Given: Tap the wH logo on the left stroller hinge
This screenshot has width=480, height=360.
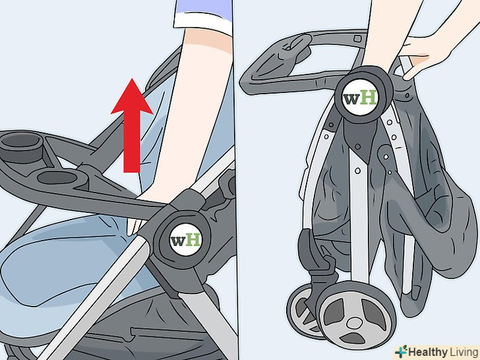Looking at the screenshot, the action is point(185,239).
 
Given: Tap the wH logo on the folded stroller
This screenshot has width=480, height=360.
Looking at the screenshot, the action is point(359,98).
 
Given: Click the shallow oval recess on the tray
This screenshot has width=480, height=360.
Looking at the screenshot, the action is point(57,177).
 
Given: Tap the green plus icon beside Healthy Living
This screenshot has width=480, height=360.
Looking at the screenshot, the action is point(401,352).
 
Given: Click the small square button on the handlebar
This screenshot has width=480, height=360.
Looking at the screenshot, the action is point(357,38).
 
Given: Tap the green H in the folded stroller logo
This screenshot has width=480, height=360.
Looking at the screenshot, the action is point(367,98).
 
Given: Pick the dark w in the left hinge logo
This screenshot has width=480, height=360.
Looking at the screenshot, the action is point(177,241).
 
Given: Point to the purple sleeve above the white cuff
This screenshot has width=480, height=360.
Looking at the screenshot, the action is point(204,8).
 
